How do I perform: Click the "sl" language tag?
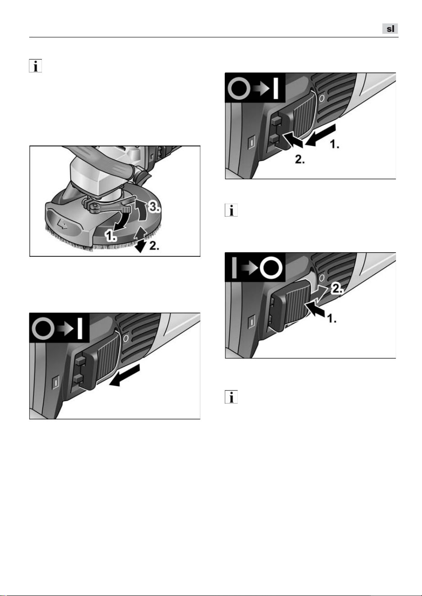pyautogui.click(x=390, y=29)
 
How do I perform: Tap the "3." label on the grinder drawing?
pyautogui.click(x=154, y=207)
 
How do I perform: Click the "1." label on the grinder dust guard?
pyautogui.click(x=110, y=236)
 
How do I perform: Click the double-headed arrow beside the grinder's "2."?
pyautogui.click(x=141, y=240)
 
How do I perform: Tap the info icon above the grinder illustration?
pyautogui.click(x=36, y=66)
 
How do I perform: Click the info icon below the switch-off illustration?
pyautogui.click(x=231, y=397)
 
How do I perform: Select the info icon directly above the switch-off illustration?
pyautogui.click(x=231, y=210)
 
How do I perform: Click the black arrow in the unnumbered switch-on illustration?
pyautogui.click(x=124, y=376)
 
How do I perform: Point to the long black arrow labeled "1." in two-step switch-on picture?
pyautogui.click(x=321, y=135)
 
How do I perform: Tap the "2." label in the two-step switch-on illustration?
pyautogui.click(x=300, y=159)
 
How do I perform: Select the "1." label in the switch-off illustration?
pyautogui.click(x=332, y=318)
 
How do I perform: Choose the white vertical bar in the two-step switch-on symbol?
pyautogui.click(x=276, y=87)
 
